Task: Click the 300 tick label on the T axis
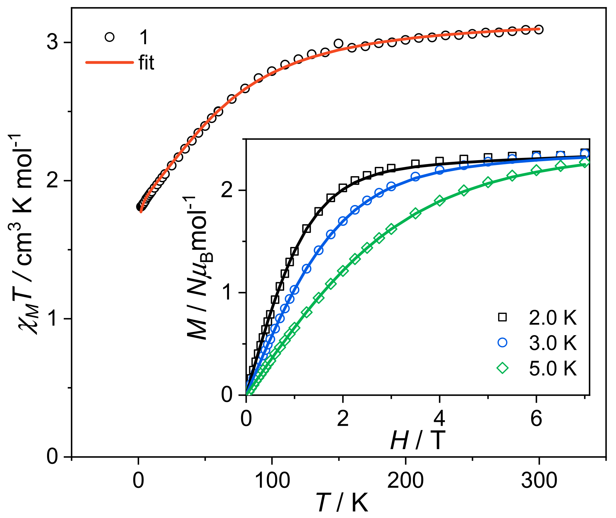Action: [539, 481]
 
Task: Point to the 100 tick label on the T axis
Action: [272, 481]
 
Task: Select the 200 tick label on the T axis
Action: [406, 481]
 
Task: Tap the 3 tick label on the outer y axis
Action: [53, 42]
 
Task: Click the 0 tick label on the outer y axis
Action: [53, 456]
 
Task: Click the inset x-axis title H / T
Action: [418, 440]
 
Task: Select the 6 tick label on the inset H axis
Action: [536, 418]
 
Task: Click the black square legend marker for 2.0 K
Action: [502, 317]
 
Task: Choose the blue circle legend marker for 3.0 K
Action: [502, 342]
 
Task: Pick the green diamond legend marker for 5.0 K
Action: [502, 368]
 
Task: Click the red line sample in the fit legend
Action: [110, 62]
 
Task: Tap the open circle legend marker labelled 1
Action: [110, 37]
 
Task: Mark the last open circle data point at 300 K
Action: [539, 29]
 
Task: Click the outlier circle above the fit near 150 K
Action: [339, 43]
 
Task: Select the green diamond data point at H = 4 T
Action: [439, 201]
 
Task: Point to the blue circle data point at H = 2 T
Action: [343, 221]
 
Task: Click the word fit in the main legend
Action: [146, 62]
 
